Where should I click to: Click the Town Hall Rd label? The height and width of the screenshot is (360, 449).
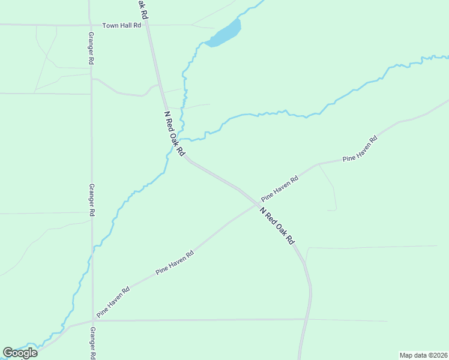pyautogui.click(x=121, y=25)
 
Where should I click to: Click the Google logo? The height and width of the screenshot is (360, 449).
pyautogui.click(x=20, y=353)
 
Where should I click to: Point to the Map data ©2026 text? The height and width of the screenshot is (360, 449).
pyautogui.click(x=423, y=355)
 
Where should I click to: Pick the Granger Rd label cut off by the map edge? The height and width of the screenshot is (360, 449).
pyautogui.click(x=92, y=343)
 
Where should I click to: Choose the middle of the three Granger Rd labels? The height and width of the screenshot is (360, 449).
pyautogui.click(x=92, y=200)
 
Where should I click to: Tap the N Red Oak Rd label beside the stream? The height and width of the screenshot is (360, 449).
pyautogui.click(x=174, y=134)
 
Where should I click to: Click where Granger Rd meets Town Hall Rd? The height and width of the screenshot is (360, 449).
pyautogui.click(x=90, y=25)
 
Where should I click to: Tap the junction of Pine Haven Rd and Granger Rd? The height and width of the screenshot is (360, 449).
pyautogui.click(x=93, y=318)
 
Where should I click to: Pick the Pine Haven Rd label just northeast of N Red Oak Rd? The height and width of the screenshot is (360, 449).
pyautogui.click(x=280, y=188)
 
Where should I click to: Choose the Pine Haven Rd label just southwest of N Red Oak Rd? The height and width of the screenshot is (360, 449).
pyautogui.click(x=175, y=263)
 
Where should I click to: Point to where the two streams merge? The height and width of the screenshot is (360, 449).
pyautogui.click(x=181, y=139)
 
